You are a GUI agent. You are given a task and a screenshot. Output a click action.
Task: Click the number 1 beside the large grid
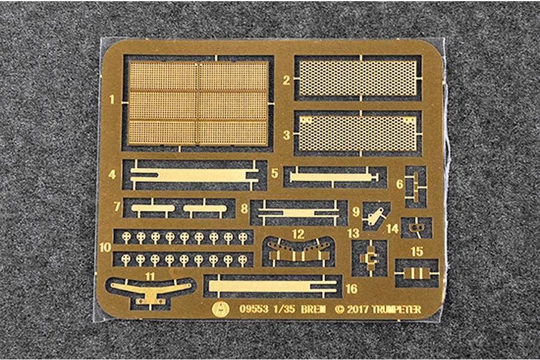coord(112,100)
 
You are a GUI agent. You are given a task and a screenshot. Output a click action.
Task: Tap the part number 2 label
coord(286,80)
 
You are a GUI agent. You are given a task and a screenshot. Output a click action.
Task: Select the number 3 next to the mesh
coord(286,135)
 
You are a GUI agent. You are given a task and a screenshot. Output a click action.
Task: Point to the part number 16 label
coord(352,289)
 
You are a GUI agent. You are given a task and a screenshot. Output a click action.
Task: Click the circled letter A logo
coord(221,309)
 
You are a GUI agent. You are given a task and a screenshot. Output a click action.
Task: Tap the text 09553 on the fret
coord(254,309)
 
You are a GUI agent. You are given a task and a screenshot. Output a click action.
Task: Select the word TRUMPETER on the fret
coord(397,310)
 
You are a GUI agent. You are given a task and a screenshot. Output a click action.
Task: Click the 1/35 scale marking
coord(284,309)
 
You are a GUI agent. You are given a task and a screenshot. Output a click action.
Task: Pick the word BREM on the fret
coord(313,309)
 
